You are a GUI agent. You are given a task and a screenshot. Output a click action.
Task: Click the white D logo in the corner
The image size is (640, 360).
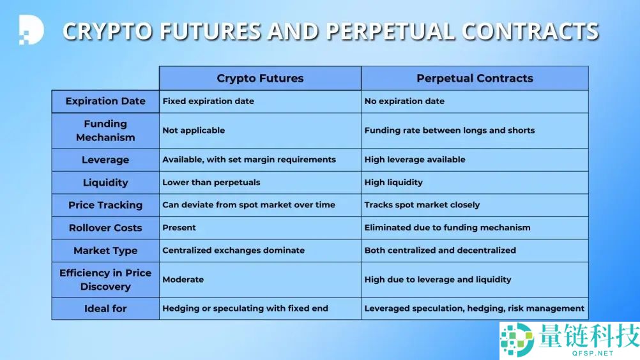click(x=31, y=30)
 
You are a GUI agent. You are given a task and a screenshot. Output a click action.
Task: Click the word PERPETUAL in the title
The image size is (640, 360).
click(x=390, y=31)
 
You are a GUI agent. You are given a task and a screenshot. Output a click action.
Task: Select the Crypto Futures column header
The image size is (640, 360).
click(x=260, y=79)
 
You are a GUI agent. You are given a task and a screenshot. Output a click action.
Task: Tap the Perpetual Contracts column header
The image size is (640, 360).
click(x=475, y=79)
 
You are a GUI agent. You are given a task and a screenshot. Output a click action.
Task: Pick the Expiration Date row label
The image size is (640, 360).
click(x=105, y=101)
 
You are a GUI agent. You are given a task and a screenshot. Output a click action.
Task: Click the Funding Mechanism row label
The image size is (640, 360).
click(x=105, y=130)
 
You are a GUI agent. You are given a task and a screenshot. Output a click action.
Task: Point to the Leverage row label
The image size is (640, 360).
click(x=105, y=160)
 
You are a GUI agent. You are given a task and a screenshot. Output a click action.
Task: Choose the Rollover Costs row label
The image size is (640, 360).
click(x=105, y=228)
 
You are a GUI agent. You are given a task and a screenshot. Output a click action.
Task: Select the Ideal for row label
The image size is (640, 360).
click(x=105, y=309)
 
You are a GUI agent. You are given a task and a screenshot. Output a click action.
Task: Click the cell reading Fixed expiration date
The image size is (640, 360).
click(x=260, y=101)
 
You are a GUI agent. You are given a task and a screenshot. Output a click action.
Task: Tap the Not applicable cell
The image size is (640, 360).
click(x=260, y=130)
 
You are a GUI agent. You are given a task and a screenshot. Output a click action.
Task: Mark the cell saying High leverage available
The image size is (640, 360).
click(x=475, y=160)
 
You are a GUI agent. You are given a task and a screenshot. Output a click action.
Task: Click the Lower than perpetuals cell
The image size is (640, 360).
click(x=260, y=183)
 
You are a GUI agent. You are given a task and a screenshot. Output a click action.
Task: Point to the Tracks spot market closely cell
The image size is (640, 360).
click(x=475, y=205)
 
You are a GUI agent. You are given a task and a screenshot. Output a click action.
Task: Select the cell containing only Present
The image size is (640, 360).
click(x=260, y=228)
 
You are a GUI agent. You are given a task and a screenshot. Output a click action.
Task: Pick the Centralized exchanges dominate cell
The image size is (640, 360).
click(x=260, y=250)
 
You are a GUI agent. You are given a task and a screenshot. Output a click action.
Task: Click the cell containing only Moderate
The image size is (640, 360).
click(x=260, y=280)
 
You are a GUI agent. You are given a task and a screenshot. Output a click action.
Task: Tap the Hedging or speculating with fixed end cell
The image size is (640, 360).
click(x=260, y=309)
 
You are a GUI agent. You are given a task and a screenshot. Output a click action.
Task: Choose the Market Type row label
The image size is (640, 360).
click(x=105, y=250)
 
